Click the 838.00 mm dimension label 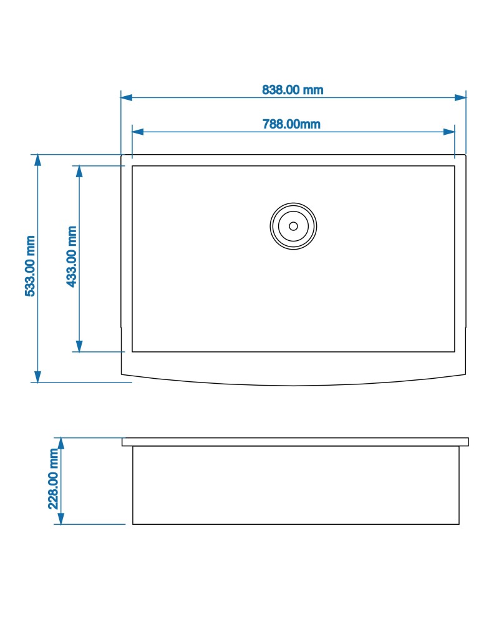pyautogui.click(x=293, y=89)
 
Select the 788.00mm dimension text pyautogui.click(x=291, y=124)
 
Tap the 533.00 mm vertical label pyautogui.click(x=30, y=266)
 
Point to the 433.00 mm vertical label pyautogui.click(x=72, y=256)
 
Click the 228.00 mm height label pyautogui.click(x=53, y=479)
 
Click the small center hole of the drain pyautogui.click(x=293, y=226)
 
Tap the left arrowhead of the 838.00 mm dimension pyautogui.click(x=127, y=97)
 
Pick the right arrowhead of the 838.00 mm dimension pyautogui.click(x=460, y=97)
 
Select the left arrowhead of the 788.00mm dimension pyautogui.click(x=138, y=132)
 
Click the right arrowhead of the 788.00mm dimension pyautogui.click(x=449, y=132)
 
